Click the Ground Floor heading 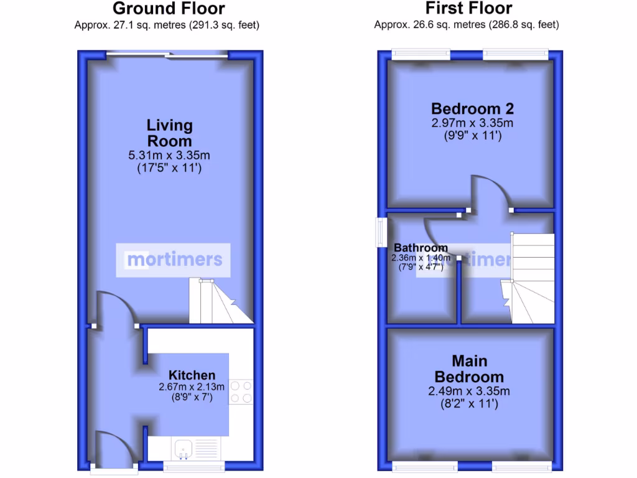click(169, 9)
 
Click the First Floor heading click(469, 9)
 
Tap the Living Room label click(169, 133)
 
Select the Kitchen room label click(192, 375)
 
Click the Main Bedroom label click(469, 369)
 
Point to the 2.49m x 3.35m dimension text click(469, 391)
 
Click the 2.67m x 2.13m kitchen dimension click(192, 387)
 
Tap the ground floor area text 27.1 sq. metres click(167, 26)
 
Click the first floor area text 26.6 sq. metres click(467, 26)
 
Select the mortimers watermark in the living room click(174, 259)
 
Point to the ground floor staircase click(219, 302)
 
